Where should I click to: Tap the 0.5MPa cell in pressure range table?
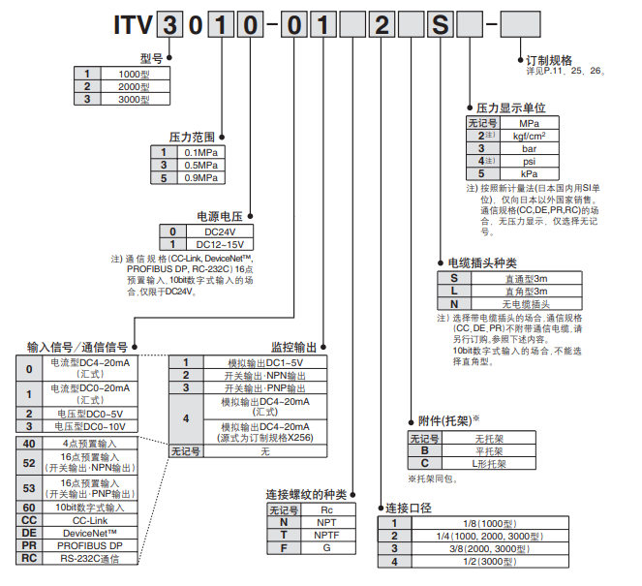[x=200, y=165]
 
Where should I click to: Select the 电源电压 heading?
[x=219, y=216]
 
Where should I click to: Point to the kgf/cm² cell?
[x=530, y=137]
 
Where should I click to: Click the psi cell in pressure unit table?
[x=530, y=161]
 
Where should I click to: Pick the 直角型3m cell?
[x=527, y=291]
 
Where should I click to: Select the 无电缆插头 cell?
[x=527, y=303]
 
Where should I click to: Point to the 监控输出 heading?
[x=292, y=346]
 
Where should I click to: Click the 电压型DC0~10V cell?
[x=89, y=425]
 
